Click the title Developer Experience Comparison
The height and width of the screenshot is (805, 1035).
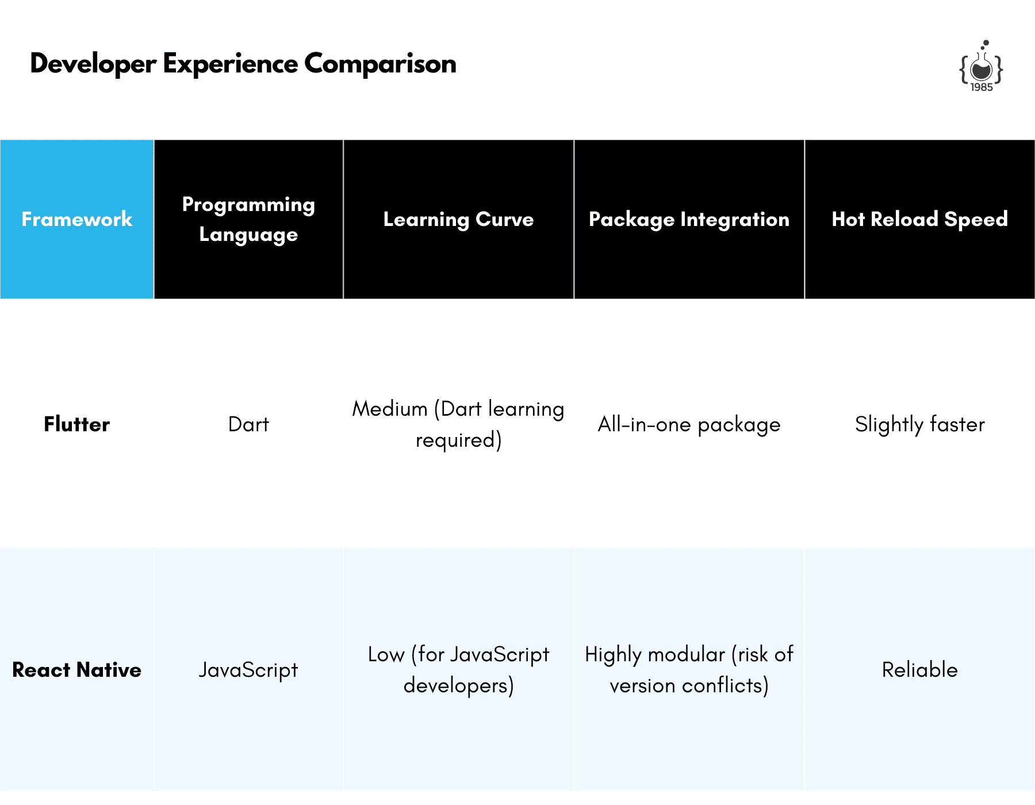coord(243,64)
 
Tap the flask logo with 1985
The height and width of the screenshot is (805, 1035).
coord(981,66)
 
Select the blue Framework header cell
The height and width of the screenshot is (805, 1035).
coord(77,219)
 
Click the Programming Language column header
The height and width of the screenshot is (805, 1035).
coord(248,219)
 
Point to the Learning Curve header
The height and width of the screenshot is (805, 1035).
coord(458,219)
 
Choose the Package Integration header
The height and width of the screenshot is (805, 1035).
coord(689,219)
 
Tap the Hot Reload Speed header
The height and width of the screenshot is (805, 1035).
coord(920,219)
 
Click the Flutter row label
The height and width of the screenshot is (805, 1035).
coord(77,424)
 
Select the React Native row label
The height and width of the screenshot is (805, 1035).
coord(77,670)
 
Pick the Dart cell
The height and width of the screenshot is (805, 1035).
coord(248,424)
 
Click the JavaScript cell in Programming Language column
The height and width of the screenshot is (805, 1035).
coord(248,670)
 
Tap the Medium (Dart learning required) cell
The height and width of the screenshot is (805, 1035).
coord(458,424)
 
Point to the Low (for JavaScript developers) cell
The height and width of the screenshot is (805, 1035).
coord(458,670)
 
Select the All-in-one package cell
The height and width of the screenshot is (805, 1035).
coord(689,425)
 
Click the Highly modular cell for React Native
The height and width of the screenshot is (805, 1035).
coord(689,670)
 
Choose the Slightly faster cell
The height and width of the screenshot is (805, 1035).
coord(920,425)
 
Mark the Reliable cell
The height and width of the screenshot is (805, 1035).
coord(920,670)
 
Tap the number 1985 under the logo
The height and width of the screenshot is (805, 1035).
coord(982,87)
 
